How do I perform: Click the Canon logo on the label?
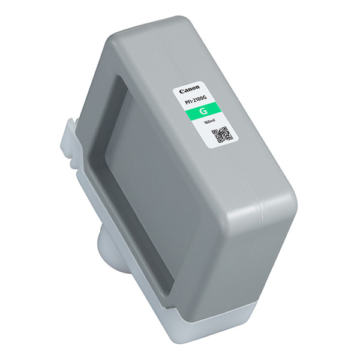[x=190, y=89]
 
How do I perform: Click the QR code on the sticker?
[x=222, y=134]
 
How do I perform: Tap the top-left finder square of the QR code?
[x=214, y=132]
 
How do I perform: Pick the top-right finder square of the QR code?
[x=224, y=128]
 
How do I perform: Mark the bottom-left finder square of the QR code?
[x=220, y=140]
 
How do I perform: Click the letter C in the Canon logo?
[x=182, y=92]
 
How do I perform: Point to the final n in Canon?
[x=198, y=87]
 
